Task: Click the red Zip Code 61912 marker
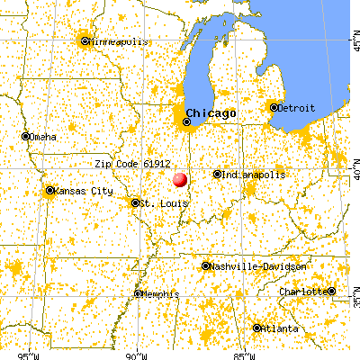pos(179,179)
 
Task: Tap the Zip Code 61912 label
pos(132,164)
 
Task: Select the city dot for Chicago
pos(188,121)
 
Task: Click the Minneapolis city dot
pos(85,40)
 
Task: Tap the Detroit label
pos(298,108)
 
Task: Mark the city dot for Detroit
pos(273,108)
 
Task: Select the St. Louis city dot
pos(135,202)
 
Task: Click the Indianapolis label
pos(255,175)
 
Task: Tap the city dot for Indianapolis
pos(218,175)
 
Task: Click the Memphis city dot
pos(138,293)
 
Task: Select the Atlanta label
pos(281,328)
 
